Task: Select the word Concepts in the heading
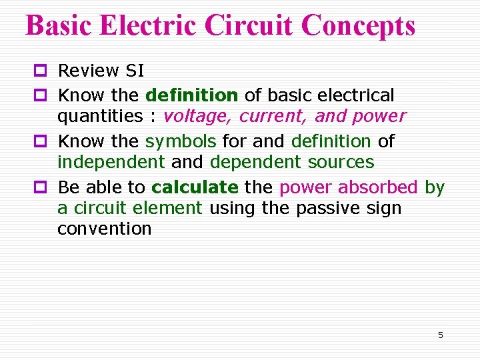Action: [358, 25]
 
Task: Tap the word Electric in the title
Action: [148, 25]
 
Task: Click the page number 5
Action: [440, 335]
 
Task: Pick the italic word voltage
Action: [197, 117]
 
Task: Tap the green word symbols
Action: [181, 141]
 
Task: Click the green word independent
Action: [111, 162]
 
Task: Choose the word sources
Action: [341, 162]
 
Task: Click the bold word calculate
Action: [195, 187]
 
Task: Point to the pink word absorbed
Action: [378, 187]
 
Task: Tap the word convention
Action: [104, 229]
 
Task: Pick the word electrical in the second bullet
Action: [353, 95]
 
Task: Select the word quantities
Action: [100, 117]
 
